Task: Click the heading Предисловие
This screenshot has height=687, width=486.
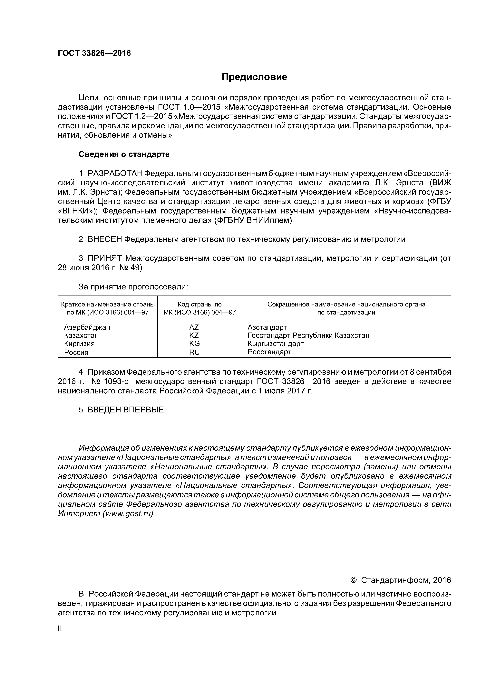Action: point(254,77)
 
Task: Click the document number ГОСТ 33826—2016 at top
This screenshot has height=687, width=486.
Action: point(94,53)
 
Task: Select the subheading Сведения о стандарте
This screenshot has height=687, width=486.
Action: point(124,154)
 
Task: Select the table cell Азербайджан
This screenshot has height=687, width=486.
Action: point(87,327)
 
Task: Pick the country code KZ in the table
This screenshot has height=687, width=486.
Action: point(194,335)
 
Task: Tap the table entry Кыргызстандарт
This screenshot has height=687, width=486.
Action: point(276,344)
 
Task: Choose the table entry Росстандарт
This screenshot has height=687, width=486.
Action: point(269,352)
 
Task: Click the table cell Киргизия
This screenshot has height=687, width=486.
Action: point(79,344)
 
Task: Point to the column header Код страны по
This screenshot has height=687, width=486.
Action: point(200,305)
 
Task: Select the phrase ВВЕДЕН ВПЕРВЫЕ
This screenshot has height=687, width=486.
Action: point(126,410)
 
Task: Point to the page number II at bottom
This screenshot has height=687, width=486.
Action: point(60,629)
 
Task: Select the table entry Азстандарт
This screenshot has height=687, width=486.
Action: point(267,327)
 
